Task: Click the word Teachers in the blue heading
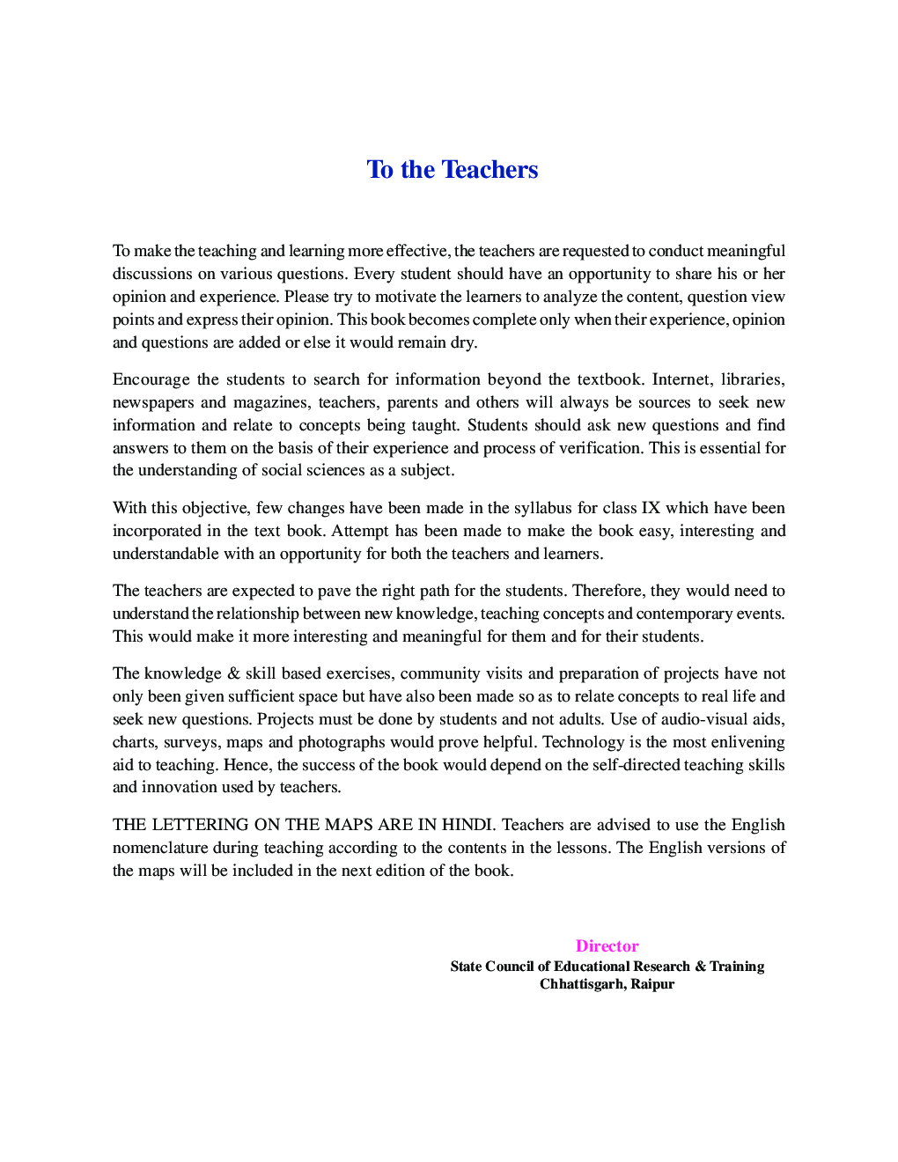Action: [489, 169]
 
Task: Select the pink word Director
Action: [607, 946]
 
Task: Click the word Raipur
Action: [652, 984]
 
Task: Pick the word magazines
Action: [270, 402]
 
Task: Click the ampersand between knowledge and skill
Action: [233, 673]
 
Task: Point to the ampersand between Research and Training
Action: [700, 967]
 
